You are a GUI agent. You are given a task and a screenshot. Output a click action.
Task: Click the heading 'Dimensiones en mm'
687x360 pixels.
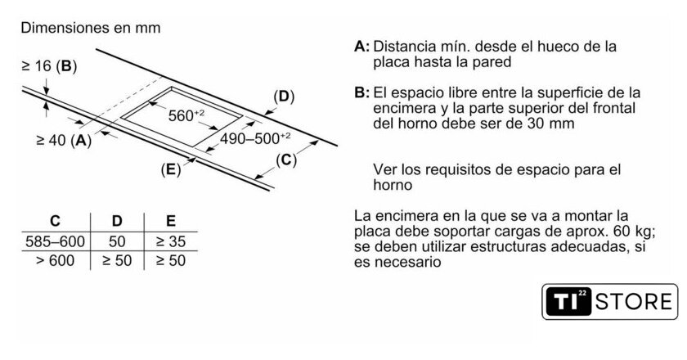91,28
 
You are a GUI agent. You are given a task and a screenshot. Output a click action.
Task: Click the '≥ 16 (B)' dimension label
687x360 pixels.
49,66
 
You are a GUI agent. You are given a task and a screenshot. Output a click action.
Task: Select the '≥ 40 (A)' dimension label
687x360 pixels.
64,140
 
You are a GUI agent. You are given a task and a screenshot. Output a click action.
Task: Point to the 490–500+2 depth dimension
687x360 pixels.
255,138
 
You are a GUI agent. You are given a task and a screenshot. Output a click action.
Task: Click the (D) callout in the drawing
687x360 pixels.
284,97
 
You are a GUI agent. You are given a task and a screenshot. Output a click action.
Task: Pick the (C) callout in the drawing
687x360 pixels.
286,160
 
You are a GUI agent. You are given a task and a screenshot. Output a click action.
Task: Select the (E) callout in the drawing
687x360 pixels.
171,169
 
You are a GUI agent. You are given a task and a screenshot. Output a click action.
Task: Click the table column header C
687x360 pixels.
55,221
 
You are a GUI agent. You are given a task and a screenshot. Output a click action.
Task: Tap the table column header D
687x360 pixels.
117,221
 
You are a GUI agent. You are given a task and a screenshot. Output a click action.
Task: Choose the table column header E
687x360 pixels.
171,221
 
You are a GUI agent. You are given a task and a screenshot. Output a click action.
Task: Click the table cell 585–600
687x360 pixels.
56,241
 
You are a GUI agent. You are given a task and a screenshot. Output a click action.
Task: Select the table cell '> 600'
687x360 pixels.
56,261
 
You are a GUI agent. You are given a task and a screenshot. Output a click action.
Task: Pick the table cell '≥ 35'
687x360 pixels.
171,241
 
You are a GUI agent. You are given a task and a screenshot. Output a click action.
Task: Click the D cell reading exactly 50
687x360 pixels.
117,241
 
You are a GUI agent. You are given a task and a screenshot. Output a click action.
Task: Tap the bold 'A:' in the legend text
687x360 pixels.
361,47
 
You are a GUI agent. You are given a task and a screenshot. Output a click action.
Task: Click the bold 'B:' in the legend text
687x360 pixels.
361,93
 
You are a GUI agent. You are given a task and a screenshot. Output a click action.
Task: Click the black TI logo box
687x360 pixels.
568,302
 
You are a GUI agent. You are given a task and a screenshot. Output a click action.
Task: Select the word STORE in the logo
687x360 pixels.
634,302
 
